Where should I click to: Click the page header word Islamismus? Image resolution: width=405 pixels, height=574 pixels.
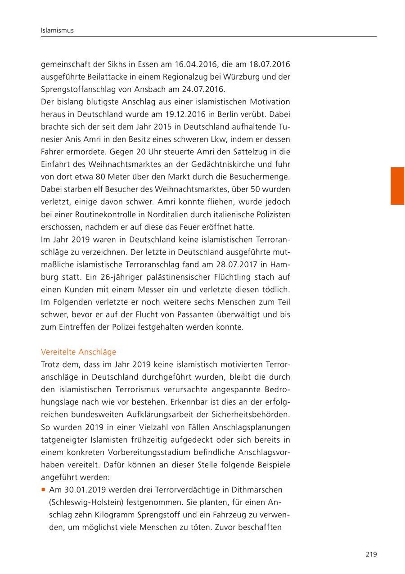57,31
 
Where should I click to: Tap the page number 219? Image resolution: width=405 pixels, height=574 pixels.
371,555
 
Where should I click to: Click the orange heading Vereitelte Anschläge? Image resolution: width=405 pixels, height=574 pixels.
78,352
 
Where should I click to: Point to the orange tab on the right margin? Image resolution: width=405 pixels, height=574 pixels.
397,186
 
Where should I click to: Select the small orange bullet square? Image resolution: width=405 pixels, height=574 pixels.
43,489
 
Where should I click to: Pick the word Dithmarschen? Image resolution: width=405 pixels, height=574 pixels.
258,489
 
